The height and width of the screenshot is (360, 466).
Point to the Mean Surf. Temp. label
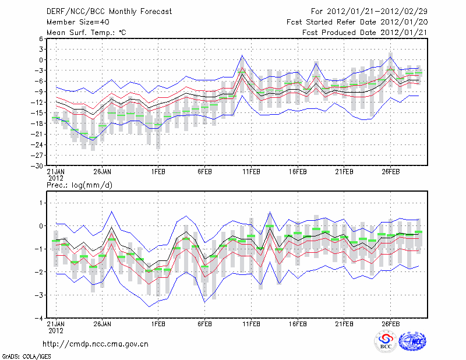(86, 33)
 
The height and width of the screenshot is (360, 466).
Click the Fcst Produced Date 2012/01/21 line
(365, 33)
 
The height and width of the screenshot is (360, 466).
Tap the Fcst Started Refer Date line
(357, 22)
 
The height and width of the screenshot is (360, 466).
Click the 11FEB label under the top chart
(251, 172)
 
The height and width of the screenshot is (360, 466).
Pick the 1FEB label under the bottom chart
(157, 324)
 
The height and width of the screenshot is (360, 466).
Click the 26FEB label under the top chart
(390, 172)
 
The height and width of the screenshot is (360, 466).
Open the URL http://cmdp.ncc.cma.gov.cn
(96, 344)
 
